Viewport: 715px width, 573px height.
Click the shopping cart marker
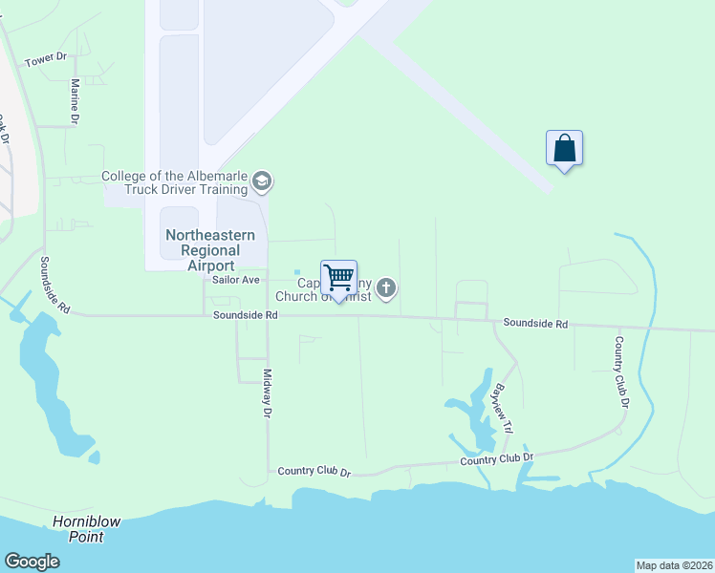[338, 278]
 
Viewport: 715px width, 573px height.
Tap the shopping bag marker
[564, 148]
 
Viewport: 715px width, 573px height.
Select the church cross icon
[386, 287]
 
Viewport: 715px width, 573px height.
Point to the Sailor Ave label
[235, 280]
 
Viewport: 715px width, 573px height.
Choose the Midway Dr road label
[268, 393]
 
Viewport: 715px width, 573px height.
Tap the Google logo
[32, 562]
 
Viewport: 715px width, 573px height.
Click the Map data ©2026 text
[674, 565]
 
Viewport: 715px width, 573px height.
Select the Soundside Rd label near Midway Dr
[245, 314]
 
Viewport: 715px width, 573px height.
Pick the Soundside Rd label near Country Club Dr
[535, 325]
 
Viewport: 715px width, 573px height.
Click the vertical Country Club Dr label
[621, 371]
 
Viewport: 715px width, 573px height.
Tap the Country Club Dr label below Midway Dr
[314, 472]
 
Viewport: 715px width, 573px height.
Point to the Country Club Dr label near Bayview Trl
[496, 459]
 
